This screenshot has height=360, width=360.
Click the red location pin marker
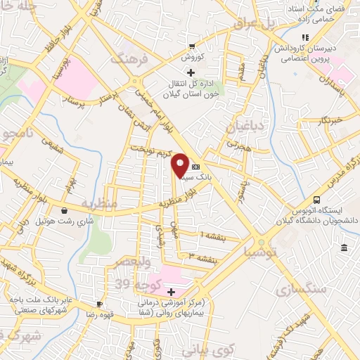[180, 165]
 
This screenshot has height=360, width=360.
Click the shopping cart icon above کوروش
[191, 46]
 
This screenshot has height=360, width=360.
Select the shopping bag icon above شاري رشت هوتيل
[65, 210]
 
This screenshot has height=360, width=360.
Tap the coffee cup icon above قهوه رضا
[99, 304]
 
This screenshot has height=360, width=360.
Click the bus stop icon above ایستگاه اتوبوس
[317, 200]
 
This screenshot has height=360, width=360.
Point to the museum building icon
[344, 247]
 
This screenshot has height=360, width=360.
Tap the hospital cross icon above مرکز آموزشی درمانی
[170, 290]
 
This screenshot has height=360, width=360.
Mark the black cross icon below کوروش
[191, 72]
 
